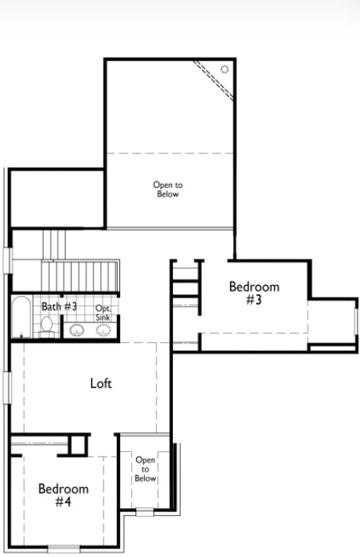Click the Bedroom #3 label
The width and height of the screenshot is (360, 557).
[x=254, y=293]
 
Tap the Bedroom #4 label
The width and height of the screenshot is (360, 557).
[x=63, y=495]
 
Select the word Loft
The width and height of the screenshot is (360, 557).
[x=101, y=383]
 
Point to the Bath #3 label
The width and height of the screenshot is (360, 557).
[x=59, y=306]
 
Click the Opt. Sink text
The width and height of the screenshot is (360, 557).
[x=103, y=313]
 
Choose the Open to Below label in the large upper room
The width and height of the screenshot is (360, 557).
[x=168, y=189]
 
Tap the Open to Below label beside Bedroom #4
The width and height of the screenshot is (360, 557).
[x=146, y=469]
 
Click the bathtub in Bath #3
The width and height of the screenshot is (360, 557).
[x=21, y=317]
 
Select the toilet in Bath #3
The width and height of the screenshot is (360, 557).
[x=46, y=327]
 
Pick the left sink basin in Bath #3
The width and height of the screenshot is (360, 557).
[x=77, y=330]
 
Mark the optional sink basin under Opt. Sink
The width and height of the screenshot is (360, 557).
[x=103, y=330]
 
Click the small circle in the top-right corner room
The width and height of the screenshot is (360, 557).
[x=224, y=69]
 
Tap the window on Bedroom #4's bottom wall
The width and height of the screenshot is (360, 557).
[x=64, y=548]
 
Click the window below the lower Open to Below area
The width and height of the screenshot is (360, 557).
[x=145, y=513]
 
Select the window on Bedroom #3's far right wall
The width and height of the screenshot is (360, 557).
[x=356, y=322]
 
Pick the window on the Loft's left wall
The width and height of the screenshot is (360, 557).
[x=7, y=387]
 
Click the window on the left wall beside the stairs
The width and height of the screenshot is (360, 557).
[x=8, y=261]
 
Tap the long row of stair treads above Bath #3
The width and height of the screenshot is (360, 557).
[x=79, y=277]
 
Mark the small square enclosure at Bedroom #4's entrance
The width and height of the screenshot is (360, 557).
[x=78, y=445]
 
